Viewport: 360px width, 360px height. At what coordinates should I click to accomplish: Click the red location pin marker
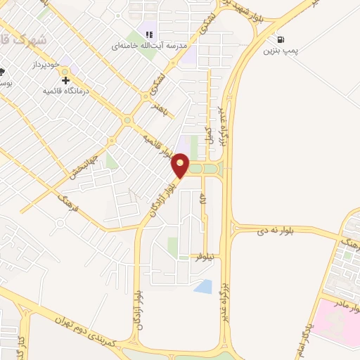(181, 167)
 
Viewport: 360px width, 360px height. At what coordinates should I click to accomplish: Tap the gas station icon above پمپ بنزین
(281, 40)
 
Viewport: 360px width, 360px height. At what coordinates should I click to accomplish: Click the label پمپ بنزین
(281, 51)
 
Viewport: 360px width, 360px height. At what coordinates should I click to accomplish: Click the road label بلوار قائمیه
(157, 143)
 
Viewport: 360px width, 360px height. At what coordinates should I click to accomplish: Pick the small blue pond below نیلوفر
(203, 286)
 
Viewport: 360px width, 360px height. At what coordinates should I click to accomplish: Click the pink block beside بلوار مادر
(330, 320)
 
